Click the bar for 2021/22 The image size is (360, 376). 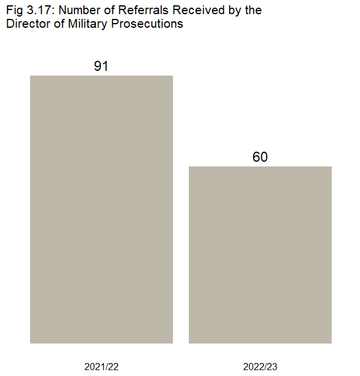pos(102,209)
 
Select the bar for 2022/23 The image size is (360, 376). pos(260,254)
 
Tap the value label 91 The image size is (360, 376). pos(102,66)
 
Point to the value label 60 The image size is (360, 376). pos(260,157)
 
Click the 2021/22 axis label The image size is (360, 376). pos(102,367)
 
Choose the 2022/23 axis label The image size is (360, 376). pos(260,367)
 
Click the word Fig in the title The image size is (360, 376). pos(14,11)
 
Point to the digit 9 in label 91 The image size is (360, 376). pos(98,66)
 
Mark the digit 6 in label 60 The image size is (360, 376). pos(256,157)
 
